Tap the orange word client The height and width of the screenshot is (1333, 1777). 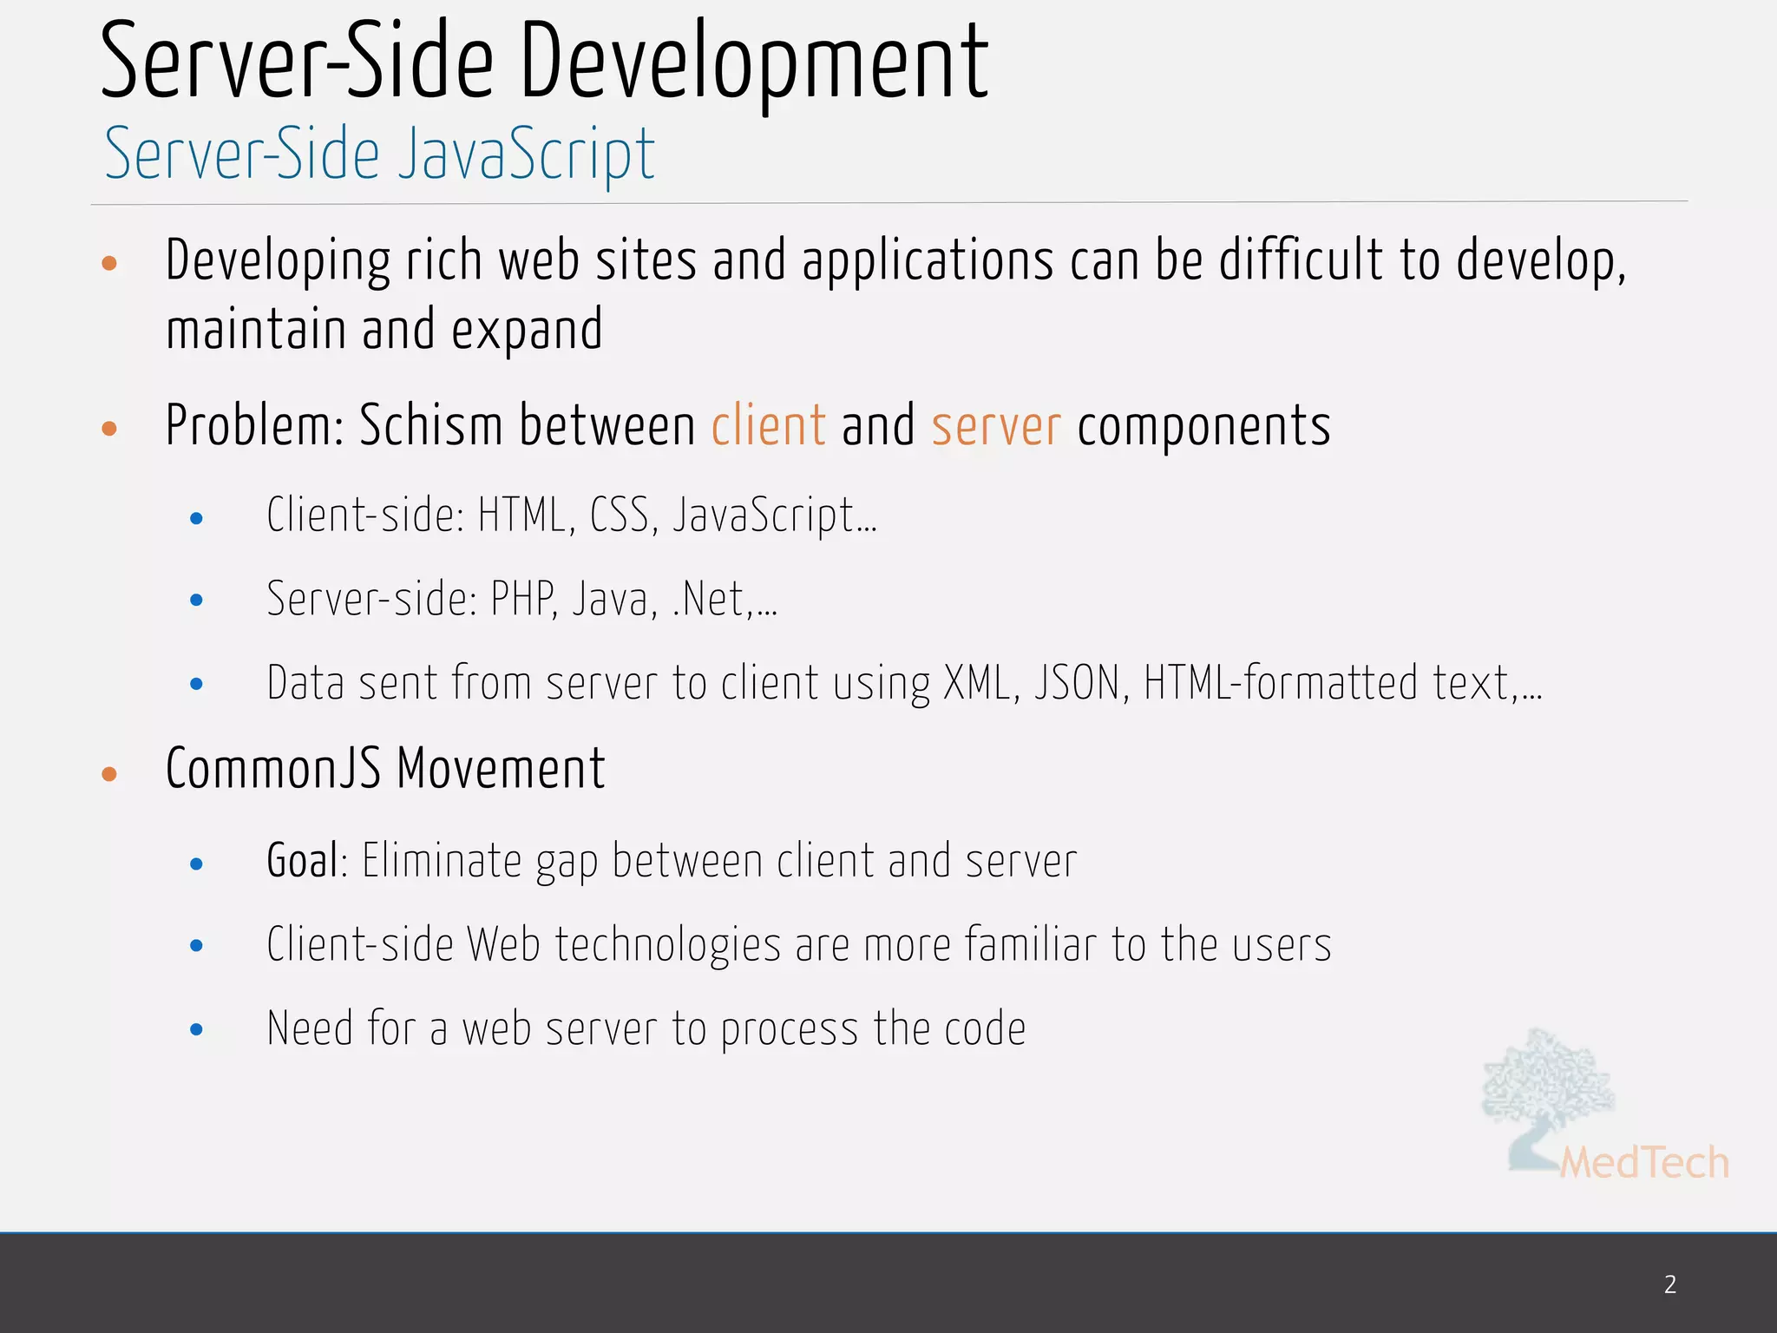[768, 426]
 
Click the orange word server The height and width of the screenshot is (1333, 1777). [996, 428]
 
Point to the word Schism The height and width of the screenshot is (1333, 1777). [431, 426]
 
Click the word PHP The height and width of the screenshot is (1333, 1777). [523, 599]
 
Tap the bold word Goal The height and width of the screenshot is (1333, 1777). [302, 861]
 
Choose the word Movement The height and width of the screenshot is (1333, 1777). [501, 770]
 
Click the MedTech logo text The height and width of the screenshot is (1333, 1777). [1643, 1164]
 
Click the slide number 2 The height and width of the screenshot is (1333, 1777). [1669, 1284]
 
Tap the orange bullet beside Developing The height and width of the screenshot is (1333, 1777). [109, 263]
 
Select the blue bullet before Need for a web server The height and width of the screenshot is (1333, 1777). [197, 1030]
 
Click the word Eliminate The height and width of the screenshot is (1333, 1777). [442, 861]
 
